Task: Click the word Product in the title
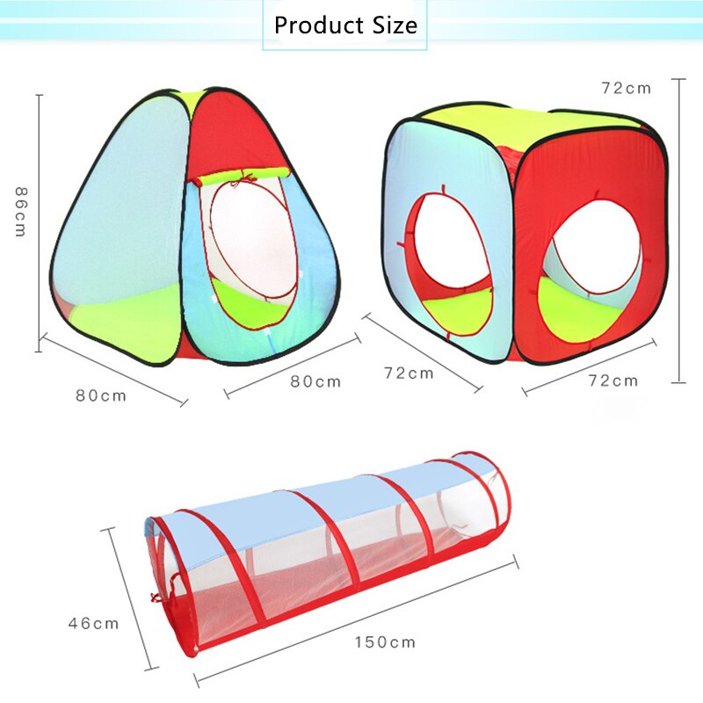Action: (318, 25)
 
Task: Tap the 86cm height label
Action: (20, 212)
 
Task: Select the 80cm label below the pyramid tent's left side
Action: (101, 395)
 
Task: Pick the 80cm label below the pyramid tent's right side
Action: (315, 381)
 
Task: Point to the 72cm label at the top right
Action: (627, 89)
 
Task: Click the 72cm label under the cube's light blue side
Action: (409, 373)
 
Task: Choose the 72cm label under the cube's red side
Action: (613, 380)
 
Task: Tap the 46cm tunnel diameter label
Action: (93, 623)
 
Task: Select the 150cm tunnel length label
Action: (385, 642)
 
